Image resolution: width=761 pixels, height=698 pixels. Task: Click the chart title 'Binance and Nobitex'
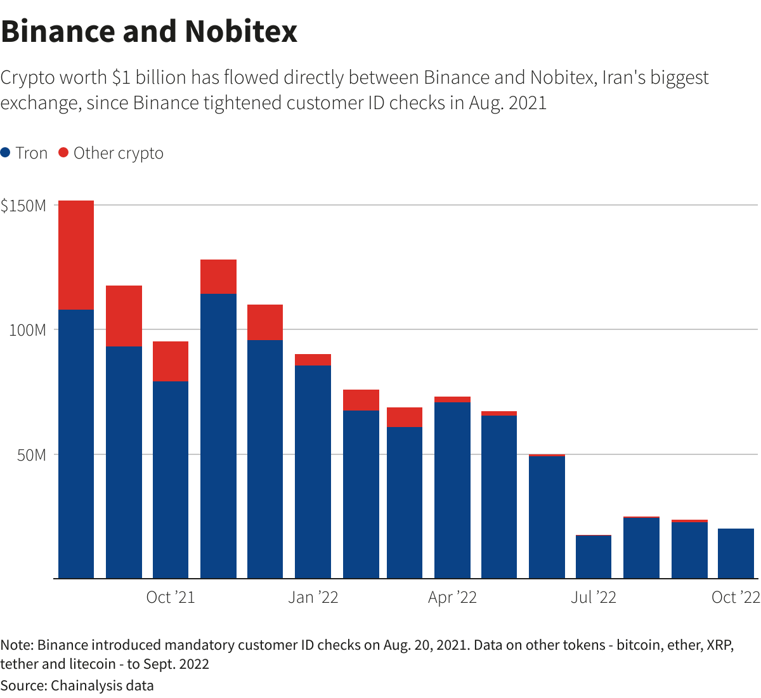[x=149, y=32]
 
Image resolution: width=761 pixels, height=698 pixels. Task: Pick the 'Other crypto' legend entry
[x=111, y=153]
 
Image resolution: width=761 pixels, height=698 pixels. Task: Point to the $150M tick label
[x=23, y=206]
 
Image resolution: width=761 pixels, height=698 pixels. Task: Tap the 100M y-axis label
[x=28, y=330]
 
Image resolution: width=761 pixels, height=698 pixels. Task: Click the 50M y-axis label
[x=32, y=455]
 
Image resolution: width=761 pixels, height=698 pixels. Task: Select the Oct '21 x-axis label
[x=170, y=597]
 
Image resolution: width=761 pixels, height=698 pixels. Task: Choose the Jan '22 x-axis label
[x=313, y=597]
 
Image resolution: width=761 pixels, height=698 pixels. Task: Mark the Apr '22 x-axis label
[x=452, y=597]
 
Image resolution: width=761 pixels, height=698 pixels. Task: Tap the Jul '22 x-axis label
[x=593, y=597]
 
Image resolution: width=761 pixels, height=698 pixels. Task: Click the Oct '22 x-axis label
[x=736, y=597]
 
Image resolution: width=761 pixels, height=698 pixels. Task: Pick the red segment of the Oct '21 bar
[x=171, y=361]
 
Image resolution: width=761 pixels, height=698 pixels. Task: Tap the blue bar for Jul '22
[x=594, y=556]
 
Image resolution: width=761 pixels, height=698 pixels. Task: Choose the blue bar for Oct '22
[x=736, y=553]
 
